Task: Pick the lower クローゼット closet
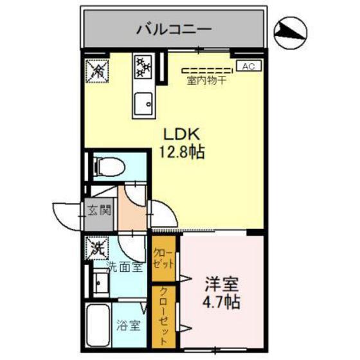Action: tap(166, 315)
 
